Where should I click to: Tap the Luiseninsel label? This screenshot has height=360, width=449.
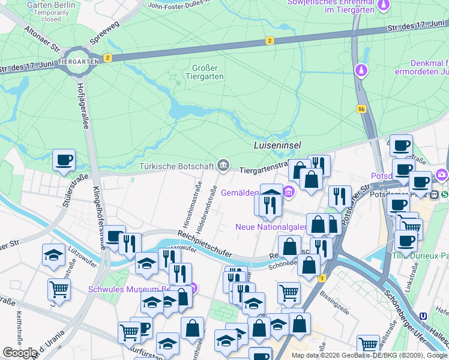pos(277,145)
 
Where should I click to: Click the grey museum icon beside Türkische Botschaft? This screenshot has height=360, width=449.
pos(223,165)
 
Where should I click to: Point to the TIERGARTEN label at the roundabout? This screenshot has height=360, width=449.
pos(80,62)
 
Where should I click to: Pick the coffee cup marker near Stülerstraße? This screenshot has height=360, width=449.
pos(64,160)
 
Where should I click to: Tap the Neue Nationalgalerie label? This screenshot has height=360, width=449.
pos(271,227)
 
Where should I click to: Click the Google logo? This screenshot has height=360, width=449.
pos(20,353)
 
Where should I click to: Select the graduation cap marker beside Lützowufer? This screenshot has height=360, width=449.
pos(53,254)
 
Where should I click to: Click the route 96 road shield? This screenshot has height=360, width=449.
pos(360,109)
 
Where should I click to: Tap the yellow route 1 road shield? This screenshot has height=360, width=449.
pos(322,278)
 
